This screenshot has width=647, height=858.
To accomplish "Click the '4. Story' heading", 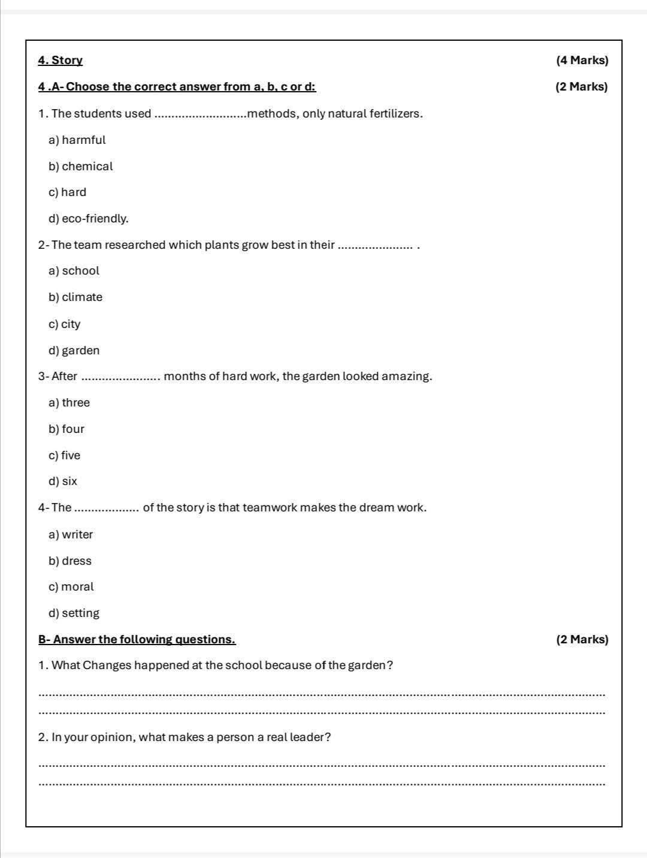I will point(60,61).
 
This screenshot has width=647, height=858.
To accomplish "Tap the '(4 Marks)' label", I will point(582,61).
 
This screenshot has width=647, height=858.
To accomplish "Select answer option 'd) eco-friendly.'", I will point(89,219).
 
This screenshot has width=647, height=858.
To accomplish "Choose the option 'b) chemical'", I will point(80,167).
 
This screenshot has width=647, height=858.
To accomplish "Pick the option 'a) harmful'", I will point(77,140).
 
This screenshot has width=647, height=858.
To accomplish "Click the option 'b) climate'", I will point(75,297).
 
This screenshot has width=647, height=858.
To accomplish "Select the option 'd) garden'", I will point(74,351).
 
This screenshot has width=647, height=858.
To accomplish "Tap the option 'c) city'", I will point(64,324).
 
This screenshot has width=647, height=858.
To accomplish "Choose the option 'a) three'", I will point(69,403).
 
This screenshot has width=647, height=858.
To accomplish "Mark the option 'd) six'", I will point(63,481).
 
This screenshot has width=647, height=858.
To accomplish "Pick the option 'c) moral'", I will point(71,587).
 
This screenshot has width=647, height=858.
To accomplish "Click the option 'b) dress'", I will point(70,561).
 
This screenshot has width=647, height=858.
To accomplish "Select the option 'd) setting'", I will point(74,613).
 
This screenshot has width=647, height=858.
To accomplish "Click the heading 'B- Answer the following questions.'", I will point(137,640).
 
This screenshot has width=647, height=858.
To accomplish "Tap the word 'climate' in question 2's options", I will point(82,297).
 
